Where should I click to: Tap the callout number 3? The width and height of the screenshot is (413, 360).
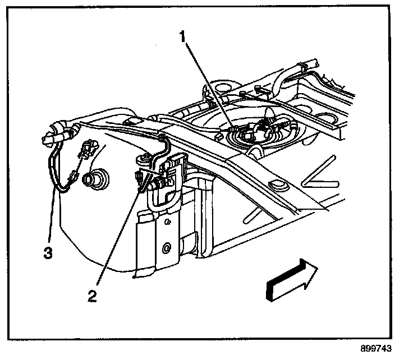click(x=48, y=253)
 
